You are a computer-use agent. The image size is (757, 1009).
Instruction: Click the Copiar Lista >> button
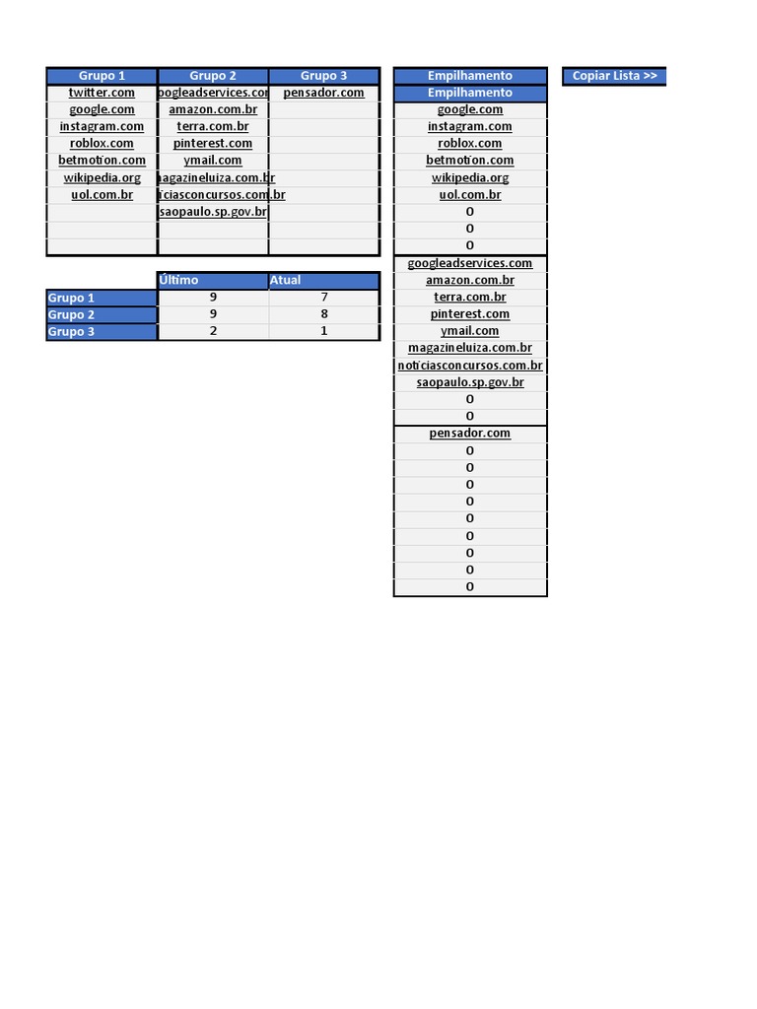[614, 76]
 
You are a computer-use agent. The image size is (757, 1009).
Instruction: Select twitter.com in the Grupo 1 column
[102, 93]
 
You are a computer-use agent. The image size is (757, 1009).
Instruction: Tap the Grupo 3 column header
[323, 76]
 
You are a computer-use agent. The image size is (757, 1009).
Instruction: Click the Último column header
[213, 281]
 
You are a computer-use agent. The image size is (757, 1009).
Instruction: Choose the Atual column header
[323, 281]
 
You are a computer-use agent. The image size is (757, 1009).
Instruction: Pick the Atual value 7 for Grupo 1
[323, 298]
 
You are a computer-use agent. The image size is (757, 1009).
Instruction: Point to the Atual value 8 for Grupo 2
[323, 314]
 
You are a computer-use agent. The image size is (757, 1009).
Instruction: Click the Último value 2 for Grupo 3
[213, 331]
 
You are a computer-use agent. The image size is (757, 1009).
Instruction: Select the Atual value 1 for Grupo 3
[323, 331]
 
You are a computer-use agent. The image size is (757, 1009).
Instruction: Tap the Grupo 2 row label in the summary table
[101, 314]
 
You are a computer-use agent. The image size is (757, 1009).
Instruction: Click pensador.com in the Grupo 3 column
[323, 93]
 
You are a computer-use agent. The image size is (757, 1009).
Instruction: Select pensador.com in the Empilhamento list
[470, 434]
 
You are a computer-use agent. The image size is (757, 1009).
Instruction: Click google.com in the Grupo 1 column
[102, 109]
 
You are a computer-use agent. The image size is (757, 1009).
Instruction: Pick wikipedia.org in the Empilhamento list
[470, 178]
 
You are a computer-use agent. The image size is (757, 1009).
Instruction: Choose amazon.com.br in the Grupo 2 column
[213, 109]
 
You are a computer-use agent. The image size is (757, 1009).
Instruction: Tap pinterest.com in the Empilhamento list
[470, 314]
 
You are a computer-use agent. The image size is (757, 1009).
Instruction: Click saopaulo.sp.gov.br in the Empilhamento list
[470, 382]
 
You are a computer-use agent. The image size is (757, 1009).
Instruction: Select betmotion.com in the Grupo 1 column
[102, 161]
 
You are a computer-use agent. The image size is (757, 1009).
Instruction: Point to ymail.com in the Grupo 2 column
[213, 161]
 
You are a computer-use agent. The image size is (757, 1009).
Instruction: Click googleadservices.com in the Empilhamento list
[470, 263]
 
